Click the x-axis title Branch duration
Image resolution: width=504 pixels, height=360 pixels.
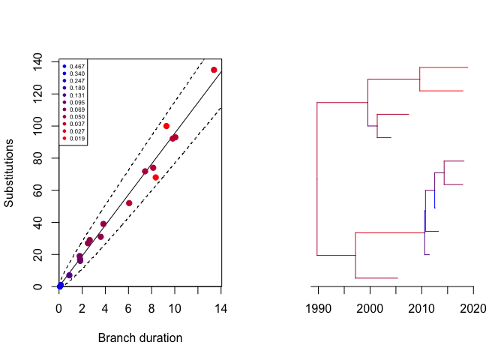[140, 338]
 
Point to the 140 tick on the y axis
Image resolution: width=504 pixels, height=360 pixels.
[43, 61]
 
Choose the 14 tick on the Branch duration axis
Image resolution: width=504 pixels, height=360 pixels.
[221, 306]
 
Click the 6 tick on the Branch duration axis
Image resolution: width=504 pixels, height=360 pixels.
[129, 306]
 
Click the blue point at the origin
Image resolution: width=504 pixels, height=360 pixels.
[60, 286]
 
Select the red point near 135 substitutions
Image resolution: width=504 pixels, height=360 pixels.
[214, 70]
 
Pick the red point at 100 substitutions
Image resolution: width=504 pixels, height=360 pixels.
[166, 126]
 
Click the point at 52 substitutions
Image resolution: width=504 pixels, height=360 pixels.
[129, 203]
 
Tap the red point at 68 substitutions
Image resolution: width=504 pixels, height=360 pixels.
[155, 177]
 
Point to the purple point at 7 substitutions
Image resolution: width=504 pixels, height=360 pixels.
[69, 275]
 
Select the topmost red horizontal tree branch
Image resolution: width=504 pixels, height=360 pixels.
[444, 67]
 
